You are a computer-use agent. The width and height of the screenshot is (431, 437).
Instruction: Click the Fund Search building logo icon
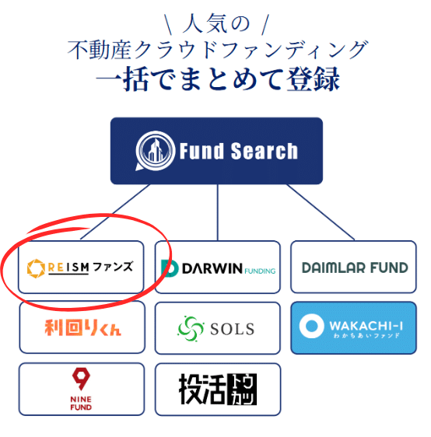(x=155, y=151)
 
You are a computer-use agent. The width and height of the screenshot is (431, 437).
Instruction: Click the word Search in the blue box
(x=265, y=151)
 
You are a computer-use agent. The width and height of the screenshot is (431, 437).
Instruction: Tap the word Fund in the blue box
(x=201, y=151)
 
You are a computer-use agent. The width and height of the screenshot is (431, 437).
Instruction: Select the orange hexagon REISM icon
(x=36, y=268)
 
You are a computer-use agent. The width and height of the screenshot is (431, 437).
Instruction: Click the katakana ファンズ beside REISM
(x=113, y=267)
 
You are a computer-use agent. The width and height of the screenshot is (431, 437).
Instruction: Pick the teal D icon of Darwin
(x=170, y=269)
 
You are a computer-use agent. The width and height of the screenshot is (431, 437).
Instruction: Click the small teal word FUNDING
(x=260, y=271)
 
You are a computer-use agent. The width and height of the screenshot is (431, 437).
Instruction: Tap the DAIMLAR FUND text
(x=355, y=267)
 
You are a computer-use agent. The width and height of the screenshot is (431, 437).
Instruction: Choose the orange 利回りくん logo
(x=82, y=327)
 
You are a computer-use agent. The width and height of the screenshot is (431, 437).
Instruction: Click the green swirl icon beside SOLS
(x=191, y=329)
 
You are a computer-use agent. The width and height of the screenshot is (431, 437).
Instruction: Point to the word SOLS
(x=233, y=329)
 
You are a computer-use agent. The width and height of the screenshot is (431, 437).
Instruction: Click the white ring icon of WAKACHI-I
(x=311, y=326)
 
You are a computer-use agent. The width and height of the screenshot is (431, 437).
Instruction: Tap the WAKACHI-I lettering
(x=366, y=326)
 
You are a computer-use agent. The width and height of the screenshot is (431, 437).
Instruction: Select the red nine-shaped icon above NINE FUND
(x=81, y=379)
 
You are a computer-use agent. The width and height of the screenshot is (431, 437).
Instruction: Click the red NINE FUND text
(x=81, y=404)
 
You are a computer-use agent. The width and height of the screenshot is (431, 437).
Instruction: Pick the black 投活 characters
(x=201, y=389)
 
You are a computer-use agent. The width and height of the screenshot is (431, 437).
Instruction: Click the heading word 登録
(x=313, y=79)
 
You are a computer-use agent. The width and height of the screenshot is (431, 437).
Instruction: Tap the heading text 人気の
(x=216, y=24)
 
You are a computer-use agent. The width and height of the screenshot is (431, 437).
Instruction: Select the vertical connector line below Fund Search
(x=218, y=212)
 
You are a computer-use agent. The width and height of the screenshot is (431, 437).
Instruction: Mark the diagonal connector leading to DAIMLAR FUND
(x=321, y=212)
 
